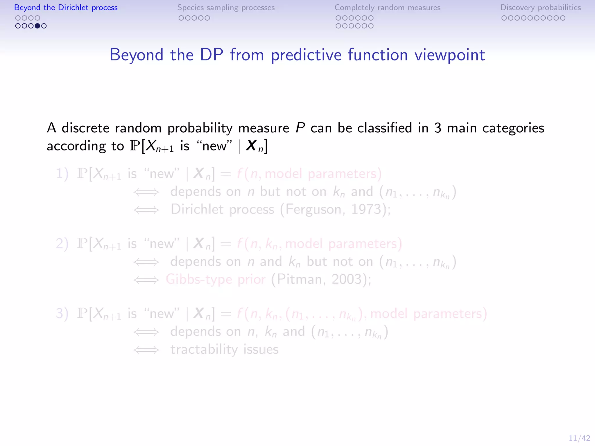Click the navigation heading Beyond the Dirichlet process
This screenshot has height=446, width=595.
click(66, 8)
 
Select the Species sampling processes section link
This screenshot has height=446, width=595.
click(226, 8)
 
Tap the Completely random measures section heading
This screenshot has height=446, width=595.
click(387, 8)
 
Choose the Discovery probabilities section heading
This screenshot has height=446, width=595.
click(540, 8)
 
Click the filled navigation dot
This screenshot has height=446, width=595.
click(37, 26)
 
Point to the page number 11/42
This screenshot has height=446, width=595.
click(579, 438)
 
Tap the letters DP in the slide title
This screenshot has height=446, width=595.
click(212, 55)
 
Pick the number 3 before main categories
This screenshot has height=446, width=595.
click(438, 128)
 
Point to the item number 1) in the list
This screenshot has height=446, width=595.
click(62, 174)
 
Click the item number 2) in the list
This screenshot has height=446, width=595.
click(62, 244)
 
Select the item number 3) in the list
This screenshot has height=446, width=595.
click(62, 314)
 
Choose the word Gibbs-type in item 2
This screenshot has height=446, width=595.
click(199, 280)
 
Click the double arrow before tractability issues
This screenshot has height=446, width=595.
click(146, 350)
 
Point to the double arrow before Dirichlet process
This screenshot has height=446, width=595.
click(146, 210)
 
